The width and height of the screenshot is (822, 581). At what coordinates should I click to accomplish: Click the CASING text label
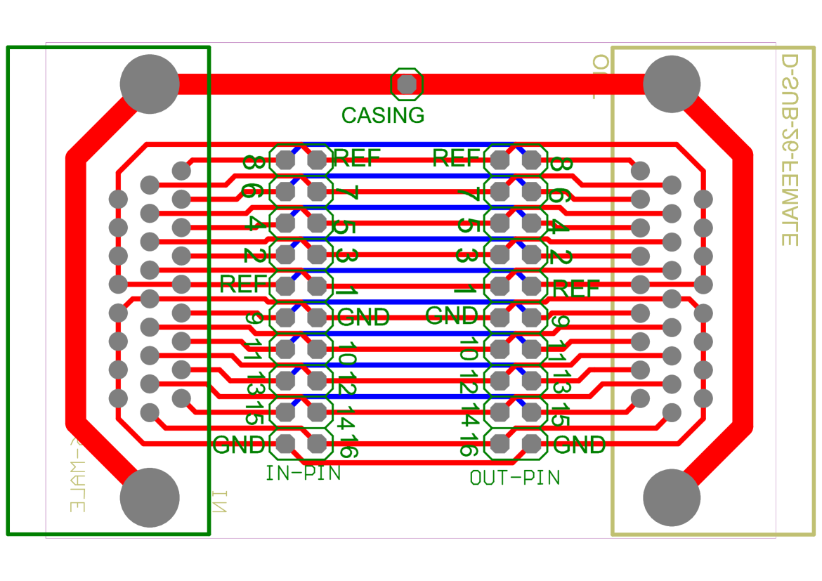[x=383, y=116]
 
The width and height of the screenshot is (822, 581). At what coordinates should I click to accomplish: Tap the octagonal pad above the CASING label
[x=407, y=84]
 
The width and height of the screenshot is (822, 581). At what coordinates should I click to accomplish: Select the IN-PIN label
[x=303, y=474]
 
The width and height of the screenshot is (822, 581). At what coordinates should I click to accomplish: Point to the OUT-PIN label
[x=514, y=478]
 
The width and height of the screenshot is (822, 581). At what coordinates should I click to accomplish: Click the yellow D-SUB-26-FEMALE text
[x=790, y=150]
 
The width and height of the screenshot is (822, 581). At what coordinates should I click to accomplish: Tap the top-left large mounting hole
[x=150, y=84]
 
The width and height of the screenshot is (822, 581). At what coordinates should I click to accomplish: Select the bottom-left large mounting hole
[x=150, y=497]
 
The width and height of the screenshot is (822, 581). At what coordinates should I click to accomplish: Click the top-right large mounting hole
[x=672, y=84]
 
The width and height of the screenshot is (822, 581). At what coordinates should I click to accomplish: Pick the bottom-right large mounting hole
[x=672, y=497]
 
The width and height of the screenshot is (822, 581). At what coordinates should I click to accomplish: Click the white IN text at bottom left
[x=220, y=502]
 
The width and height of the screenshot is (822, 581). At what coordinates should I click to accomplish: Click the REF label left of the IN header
[x=244, y=285]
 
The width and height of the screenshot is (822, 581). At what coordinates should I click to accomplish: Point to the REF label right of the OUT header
[x=577, y=289]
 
